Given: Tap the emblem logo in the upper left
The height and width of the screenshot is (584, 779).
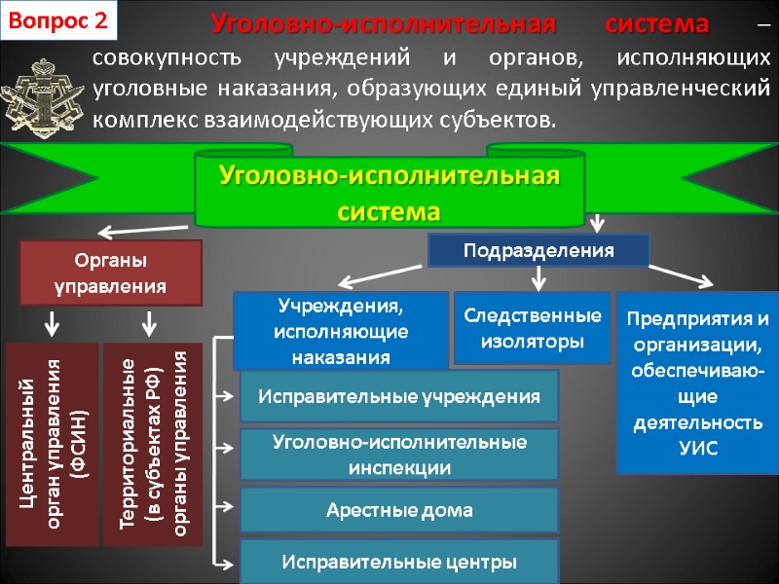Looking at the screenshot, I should pyautogui.click(x=40, y=90).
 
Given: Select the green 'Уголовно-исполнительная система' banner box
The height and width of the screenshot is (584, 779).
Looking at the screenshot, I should pyautogui.click(x=389, y=192).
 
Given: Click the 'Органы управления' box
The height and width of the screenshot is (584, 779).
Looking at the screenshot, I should pyautogui.click(x=111, y=274).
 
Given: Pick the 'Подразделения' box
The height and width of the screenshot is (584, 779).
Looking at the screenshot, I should pyautogui.click(x=538, y=250).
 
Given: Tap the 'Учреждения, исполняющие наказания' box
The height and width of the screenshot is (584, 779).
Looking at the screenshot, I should pyautogui.click(x=341, y=330).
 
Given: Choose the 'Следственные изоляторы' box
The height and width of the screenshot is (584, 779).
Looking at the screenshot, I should pyautogui.click(x=532, y=328).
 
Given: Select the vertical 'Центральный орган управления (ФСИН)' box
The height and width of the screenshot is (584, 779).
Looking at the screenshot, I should pyautogui.click(x=53, y=443).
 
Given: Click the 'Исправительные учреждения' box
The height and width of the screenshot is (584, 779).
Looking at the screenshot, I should pyautogui.click(x=399, y=396).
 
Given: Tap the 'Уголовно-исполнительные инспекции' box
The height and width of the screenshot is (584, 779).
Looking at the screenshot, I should pyautogui.click(x=399, y=455).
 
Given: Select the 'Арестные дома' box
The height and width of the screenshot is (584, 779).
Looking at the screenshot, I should pyautogui.click(x=399, y=510).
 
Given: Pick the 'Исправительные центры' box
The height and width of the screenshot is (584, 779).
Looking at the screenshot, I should pyautogui.click(x=399, y=562).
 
